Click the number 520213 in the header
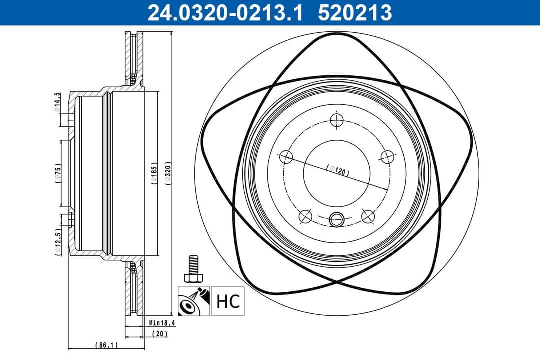[x=355, y=12]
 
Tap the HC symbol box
[x=228, y=301]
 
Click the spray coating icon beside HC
[x=194, y=301]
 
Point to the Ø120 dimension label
[x=337, y=170]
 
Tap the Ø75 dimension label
[x=58, y=174]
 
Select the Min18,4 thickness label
[x=162, y=323]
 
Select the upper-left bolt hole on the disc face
[x=286, y=157]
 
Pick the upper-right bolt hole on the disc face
[x=386, y=157]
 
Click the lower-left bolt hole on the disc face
[x=305, y=216]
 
